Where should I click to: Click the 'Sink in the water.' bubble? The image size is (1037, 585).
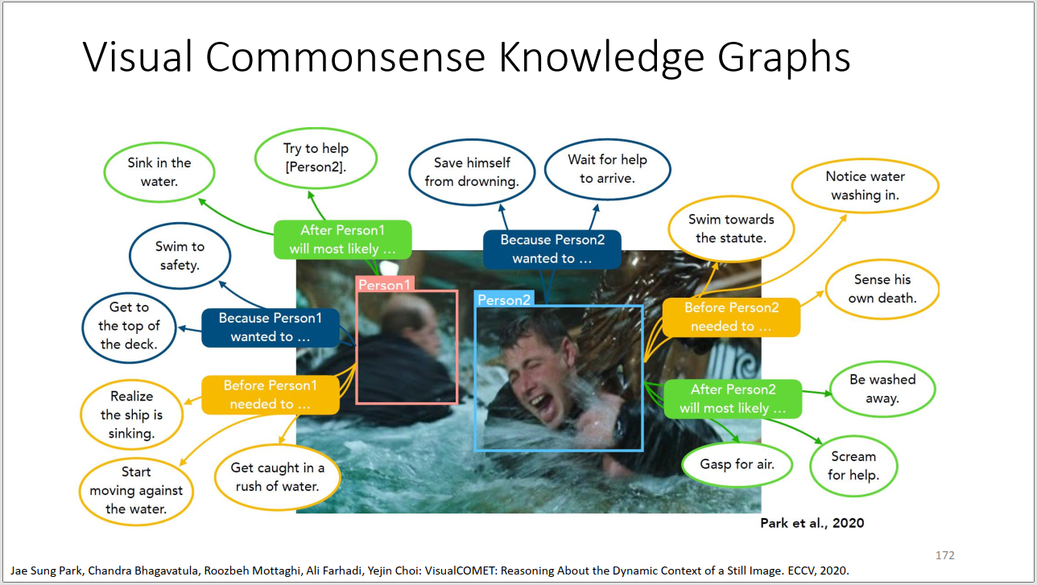[x=159, y=172]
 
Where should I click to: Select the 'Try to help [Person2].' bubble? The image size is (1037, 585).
[x=316, y=158]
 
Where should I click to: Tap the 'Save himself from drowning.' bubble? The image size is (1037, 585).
[x=472, y=172]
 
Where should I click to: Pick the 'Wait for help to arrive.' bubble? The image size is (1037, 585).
[x=607, y=169]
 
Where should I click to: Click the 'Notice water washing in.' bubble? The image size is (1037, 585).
[x=865, y=186]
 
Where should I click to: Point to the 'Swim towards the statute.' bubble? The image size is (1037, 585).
[x=731, y=229]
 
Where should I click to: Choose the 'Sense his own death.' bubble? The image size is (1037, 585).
[x=882, y=289]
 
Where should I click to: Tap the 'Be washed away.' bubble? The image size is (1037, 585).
[x=882, y=389]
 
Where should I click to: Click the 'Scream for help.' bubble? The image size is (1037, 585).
[x=853, y=466]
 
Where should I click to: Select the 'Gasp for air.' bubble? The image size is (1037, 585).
[x=737, y=463]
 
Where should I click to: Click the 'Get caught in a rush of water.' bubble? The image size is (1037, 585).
[x=277, y=477]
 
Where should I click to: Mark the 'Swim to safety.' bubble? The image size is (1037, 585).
[x=180, y=255]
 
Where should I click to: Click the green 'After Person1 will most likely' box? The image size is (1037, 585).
[x=343, y=240]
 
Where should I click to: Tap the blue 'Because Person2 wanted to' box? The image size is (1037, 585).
[x=552, y=249]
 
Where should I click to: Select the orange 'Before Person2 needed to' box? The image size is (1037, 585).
[x=731, y=317]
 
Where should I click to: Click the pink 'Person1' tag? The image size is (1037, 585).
[x=385, y=284]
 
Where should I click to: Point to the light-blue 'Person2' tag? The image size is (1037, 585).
[x=504, y=299]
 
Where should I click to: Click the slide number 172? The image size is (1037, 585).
[x=945, y=555]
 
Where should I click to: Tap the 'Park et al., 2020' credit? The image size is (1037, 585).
[x=812, y=523]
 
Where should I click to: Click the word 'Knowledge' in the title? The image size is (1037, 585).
[x=601, y=57]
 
